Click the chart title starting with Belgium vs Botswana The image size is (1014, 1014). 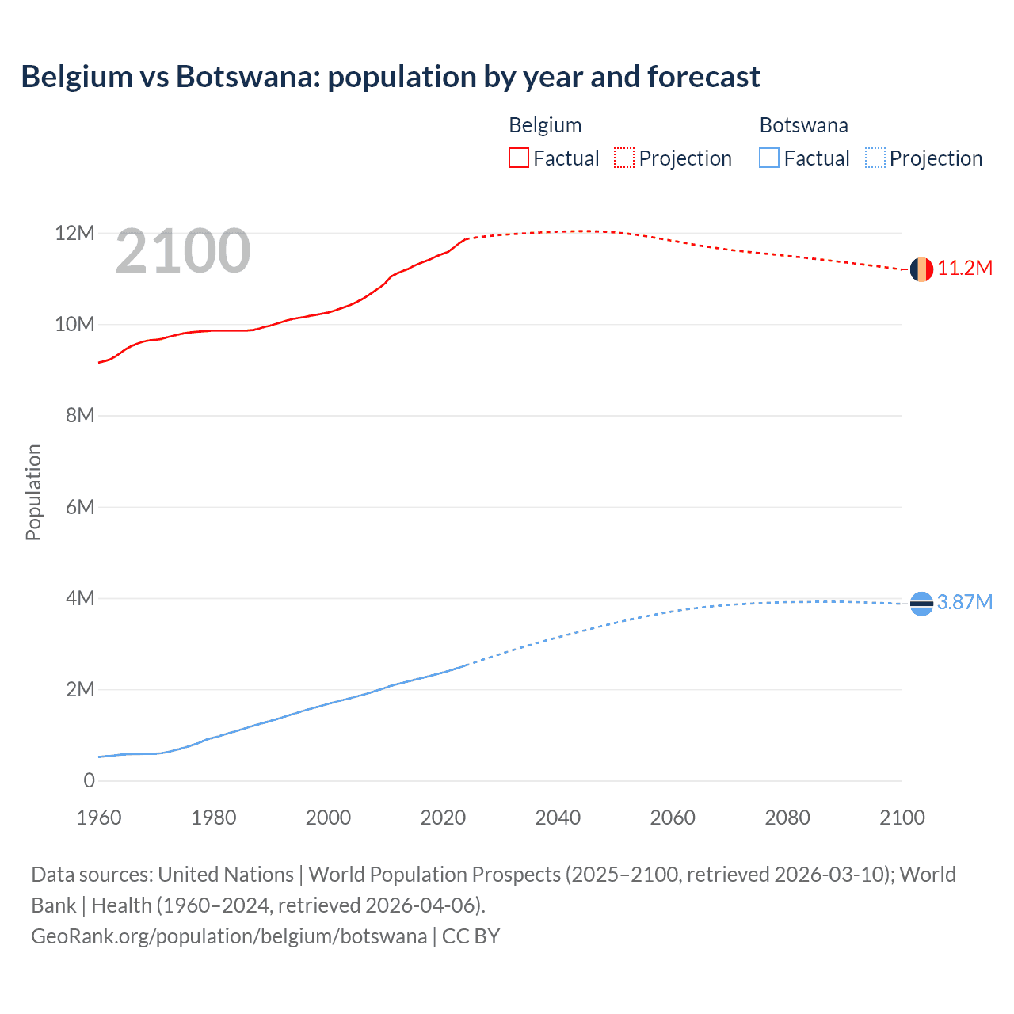click(x=391, y=77)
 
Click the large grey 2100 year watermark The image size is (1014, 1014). click(x=183, y=251)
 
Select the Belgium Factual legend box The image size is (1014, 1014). click(x=519, y=158)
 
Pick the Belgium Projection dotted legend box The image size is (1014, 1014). click(x=624, y=158)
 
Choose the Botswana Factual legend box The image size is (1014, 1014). click(x=769, y=158)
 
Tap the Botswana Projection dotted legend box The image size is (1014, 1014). click(x=875, y=158)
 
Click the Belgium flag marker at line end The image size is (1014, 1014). click(x=921, y=269)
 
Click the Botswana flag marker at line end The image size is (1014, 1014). click(x=921, y=604)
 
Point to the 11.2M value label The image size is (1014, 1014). click(x=965, y=269)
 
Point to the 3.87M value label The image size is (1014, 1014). click(x=965, y=603)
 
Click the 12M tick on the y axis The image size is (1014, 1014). click(x=74, y=234)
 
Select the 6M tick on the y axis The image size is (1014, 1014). click(x=80, y=507)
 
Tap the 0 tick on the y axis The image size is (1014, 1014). click(x=89, y=781)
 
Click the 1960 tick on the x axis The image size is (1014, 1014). click(x=99, y=818)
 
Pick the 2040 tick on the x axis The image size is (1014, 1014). click(x=558, y=818)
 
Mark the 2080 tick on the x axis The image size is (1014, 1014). click(x=787, y=818)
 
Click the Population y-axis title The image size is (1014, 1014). click(x=33, y=493)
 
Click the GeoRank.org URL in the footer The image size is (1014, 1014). click(x=229, y=936)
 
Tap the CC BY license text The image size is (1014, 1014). click(x=471, y=936)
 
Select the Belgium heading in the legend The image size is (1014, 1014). click(x=545, y=125)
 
